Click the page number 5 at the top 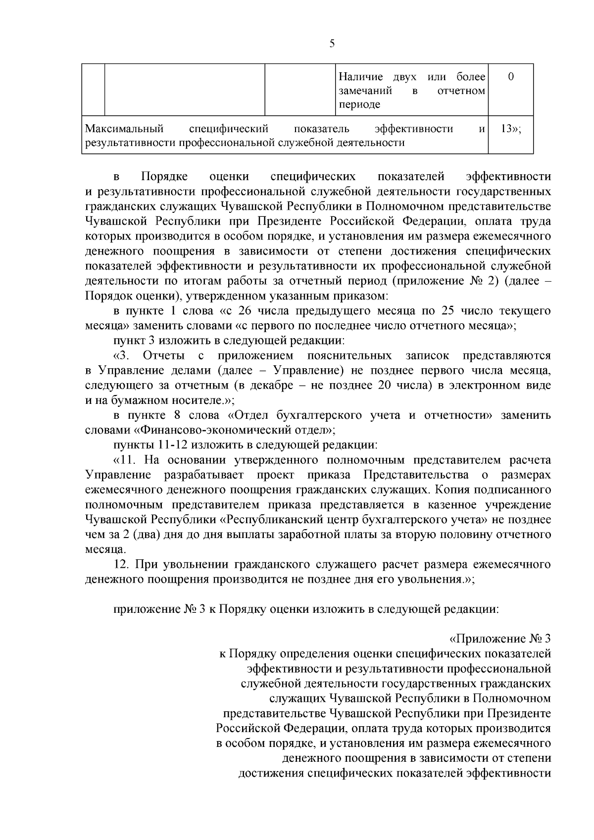[332, 44]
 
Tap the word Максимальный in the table [124, 129]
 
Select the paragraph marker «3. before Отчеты [122, 356]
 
